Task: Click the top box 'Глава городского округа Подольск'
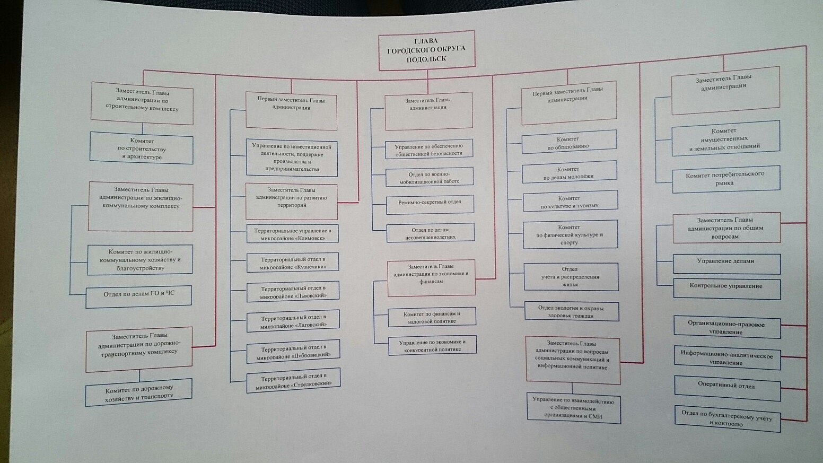tap(426, 50)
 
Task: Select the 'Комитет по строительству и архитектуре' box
tap(142, 148)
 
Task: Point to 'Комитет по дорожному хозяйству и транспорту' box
tap(139, 392)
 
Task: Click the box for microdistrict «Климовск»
tap(292, 234)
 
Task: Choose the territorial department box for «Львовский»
tap(293, 292)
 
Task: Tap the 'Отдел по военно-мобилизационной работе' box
tap(429, 178)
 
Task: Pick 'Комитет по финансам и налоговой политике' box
tap(432, 317)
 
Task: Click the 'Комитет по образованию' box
tap(569, 142)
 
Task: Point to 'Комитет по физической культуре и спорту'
tap(570, 235)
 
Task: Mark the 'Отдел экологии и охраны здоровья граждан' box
tap(571, 311)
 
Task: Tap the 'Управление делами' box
tap(726, 263)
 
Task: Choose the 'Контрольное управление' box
tap(726, 288)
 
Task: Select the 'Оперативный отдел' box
tap(727, 387)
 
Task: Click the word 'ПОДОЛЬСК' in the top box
tap(426, 59)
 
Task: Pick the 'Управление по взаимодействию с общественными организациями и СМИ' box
tap(573, 408)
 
